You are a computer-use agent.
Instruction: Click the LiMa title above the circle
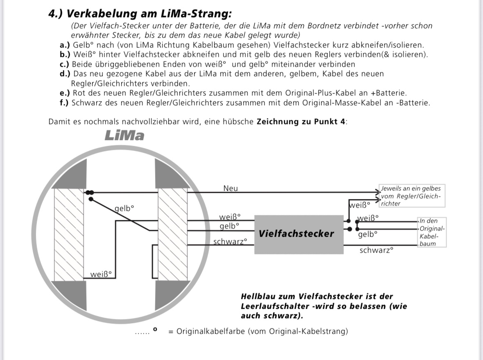click(x=125, y=136)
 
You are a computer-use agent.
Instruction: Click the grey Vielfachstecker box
click(x=299, y=234)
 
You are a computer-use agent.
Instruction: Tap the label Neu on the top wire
click(x=230, y=188)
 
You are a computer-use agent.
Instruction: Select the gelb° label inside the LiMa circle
click(x=125, y=208)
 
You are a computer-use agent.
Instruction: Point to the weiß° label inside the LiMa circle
click(x=101, y=274)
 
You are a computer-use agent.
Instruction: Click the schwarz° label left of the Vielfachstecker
click(x=230, y=242)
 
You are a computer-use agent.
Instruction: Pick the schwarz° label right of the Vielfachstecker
click(x=376, y=250)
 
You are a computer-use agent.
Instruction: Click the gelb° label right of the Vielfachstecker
click(x=367, y=235)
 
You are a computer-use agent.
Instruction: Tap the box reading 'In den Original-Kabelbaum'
click(x=431, y=232)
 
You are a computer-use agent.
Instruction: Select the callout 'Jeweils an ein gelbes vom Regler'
click(x=411, y=196)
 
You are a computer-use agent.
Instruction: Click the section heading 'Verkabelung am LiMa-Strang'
click(x=140, y=13)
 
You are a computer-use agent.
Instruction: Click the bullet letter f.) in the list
click(x=64, y=102)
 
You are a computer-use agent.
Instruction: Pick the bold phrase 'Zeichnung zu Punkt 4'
click(x=301, y=122)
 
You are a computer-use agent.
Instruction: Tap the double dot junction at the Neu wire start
click(x=90, y=192)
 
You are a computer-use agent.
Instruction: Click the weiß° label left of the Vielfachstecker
click(x=230, y=217)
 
